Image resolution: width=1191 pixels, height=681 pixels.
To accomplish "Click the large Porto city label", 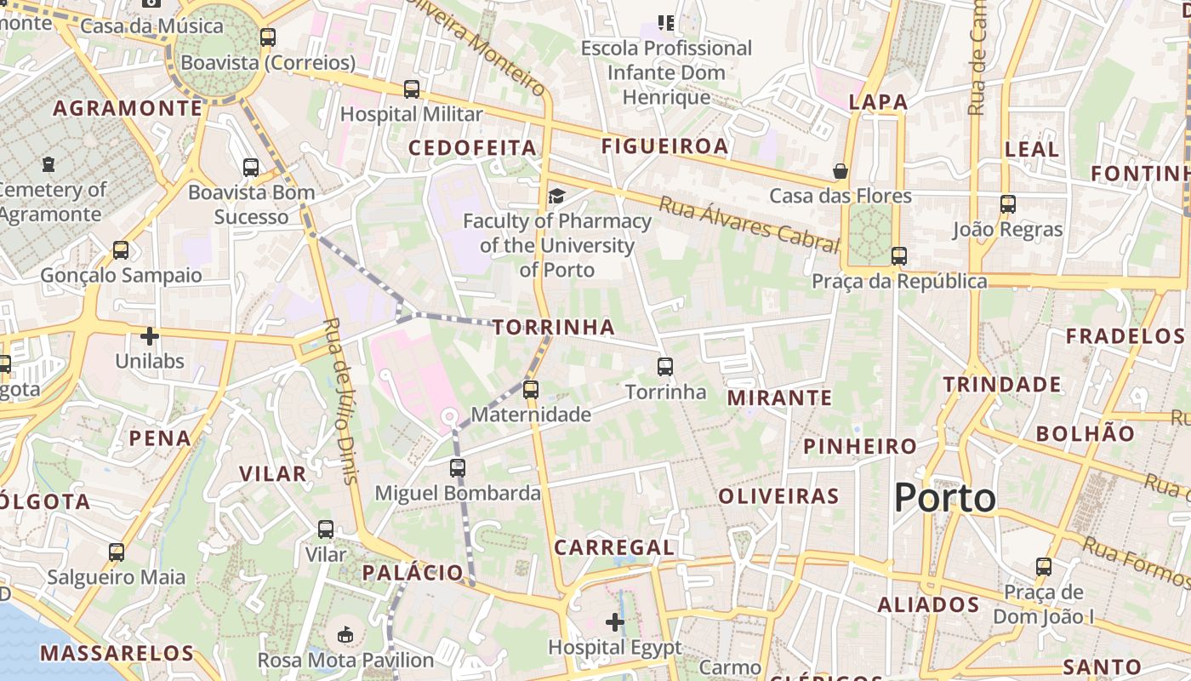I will point(945,498).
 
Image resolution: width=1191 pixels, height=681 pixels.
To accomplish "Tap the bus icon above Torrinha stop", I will point(665,367).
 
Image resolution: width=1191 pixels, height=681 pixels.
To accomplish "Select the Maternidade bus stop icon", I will point(531,390).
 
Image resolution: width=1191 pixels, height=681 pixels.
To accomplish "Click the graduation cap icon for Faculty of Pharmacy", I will point(556,197).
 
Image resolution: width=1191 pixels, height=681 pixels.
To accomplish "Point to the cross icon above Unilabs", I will point(150,336).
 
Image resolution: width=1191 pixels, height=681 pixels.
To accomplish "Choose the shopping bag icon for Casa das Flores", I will point(841,171).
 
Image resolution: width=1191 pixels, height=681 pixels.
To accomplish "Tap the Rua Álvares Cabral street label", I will point(749,224).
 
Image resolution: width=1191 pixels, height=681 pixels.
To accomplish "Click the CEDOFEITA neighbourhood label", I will point(472,148).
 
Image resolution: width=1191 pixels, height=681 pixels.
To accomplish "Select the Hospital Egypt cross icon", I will point(614,622).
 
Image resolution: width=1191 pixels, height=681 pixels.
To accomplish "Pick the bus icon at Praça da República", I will point(899,255).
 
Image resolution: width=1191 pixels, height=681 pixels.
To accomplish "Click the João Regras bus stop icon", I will point(1008,204).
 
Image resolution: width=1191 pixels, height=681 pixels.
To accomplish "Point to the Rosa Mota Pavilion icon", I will point(345,634).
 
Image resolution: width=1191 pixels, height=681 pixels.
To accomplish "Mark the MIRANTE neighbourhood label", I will point(779,398).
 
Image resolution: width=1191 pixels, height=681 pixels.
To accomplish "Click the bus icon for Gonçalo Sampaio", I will point(121,250).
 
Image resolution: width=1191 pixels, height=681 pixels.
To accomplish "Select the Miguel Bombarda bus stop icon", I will point(458,467).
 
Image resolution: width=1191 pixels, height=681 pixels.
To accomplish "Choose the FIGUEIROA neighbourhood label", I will point(664,146).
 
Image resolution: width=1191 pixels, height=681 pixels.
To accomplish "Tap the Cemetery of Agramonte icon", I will point(48,163).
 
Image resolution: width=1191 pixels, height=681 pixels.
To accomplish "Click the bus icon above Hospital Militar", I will point(412,89).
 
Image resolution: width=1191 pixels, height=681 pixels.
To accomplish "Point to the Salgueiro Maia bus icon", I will point(117,552).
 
